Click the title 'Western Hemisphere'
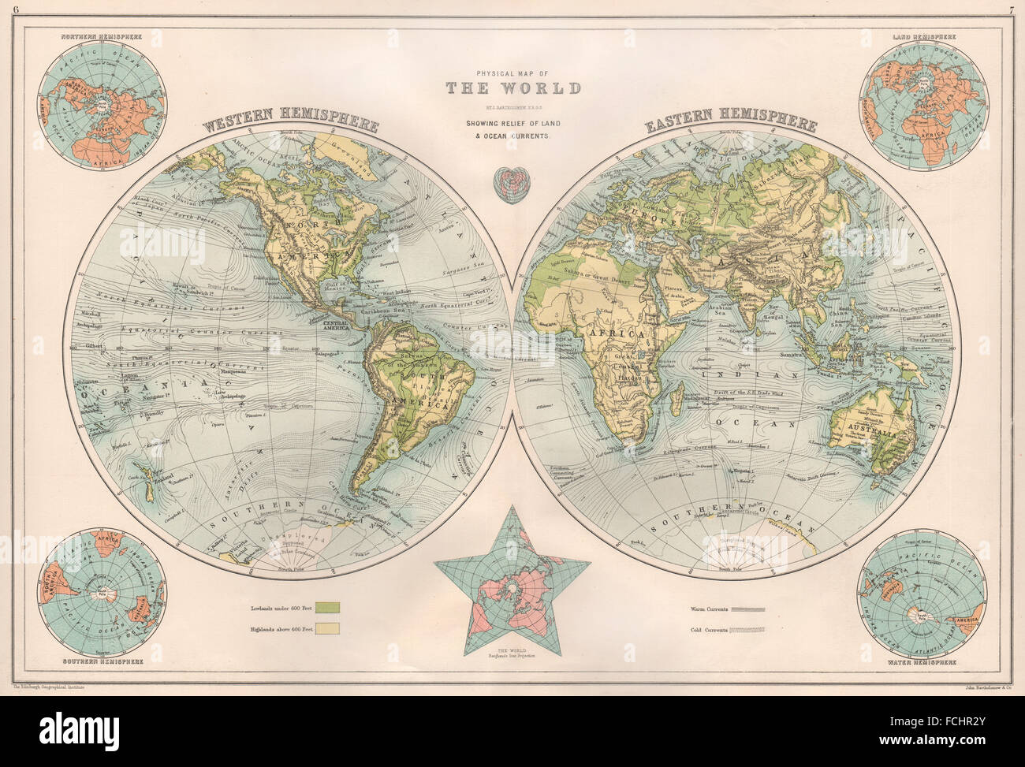point(291,122)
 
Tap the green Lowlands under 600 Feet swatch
point(328,607)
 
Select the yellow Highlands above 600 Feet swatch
point(328,628)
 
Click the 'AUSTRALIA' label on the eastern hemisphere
point(871,434)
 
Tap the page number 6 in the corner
point(6,9)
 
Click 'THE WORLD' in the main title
point(513,88)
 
